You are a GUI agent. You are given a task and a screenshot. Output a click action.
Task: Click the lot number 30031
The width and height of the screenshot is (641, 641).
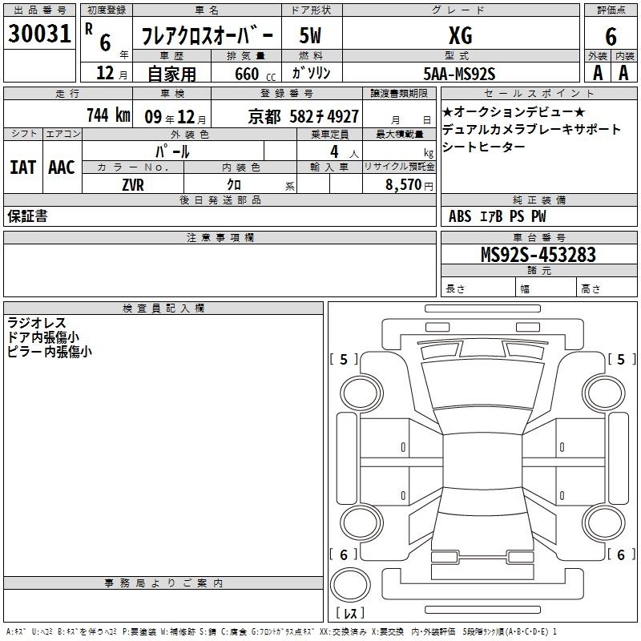pyautogui.click(x=39, y=34)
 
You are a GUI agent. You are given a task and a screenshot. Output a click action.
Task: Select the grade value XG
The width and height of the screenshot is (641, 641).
pyautogui.click(x=461, y=35)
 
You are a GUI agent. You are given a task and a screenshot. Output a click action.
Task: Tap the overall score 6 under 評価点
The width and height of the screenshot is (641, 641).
pyautogui.click(x=611, y=36)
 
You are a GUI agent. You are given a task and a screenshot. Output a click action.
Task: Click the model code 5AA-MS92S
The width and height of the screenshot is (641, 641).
pyautogui.click(x=459, y=74)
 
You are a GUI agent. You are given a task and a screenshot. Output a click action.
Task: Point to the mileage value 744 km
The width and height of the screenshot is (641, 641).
pyautogui.click(x=108, y=115)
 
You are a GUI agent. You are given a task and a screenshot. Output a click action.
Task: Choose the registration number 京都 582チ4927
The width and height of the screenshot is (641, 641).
pyautogui.click(x=304, y=117)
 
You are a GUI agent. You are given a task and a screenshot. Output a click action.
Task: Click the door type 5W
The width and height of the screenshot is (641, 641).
pyautogui.click(x=310, y=35)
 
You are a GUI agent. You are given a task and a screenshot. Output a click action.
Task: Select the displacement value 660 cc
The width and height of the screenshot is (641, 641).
pyautogui.click(x=255, y=74)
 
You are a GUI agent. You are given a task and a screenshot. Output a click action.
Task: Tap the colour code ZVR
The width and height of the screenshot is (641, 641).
pyautogui.click(x=133, y=185)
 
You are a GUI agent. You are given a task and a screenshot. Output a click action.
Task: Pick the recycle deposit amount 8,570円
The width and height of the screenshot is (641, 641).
pyautogui.click(x=409, y=185)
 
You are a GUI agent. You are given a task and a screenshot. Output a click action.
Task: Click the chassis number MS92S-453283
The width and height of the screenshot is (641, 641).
pyautogui.click(x=538, y=255)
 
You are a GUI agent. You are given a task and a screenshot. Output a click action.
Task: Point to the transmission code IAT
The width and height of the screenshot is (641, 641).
pyautogui.click(x=23, y=167)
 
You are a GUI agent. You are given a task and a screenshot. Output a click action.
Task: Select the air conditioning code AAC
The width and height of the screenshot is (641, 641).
pyautogui.click(x=62, y=167)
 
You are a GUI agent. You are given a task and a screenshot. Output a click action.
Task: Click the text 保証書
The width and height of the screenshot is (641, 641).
pyautogui.click(x=27, y=216)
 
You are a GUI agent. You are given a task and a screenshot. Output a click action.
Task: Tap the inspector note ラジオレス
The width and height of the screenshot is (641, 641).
pyautogui.click(x=37, y=323)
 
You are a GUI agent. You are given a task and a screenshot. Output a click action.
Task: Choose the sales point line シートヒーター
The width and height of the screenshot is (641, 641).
pyautogui.click(x=484, y=147)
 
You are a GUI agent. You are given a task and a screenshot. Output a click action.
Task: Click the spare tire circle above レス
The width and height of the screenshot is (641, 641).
pyautogui.click(x=350, y=585)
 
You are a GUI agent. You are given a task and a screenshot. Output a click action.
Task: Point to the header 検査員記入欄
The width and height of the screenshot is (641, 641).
pyautogui.click(x=163, y=308)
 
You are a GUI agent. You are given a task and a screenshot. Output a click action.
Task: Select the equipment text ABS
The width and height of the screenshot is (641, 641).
pyautogui.click(x=460, y=216)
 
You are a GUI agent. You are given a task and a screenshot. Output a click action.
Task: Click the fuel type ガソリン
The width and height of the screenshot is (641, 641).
pyautogui.click(x=311, y=73)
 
